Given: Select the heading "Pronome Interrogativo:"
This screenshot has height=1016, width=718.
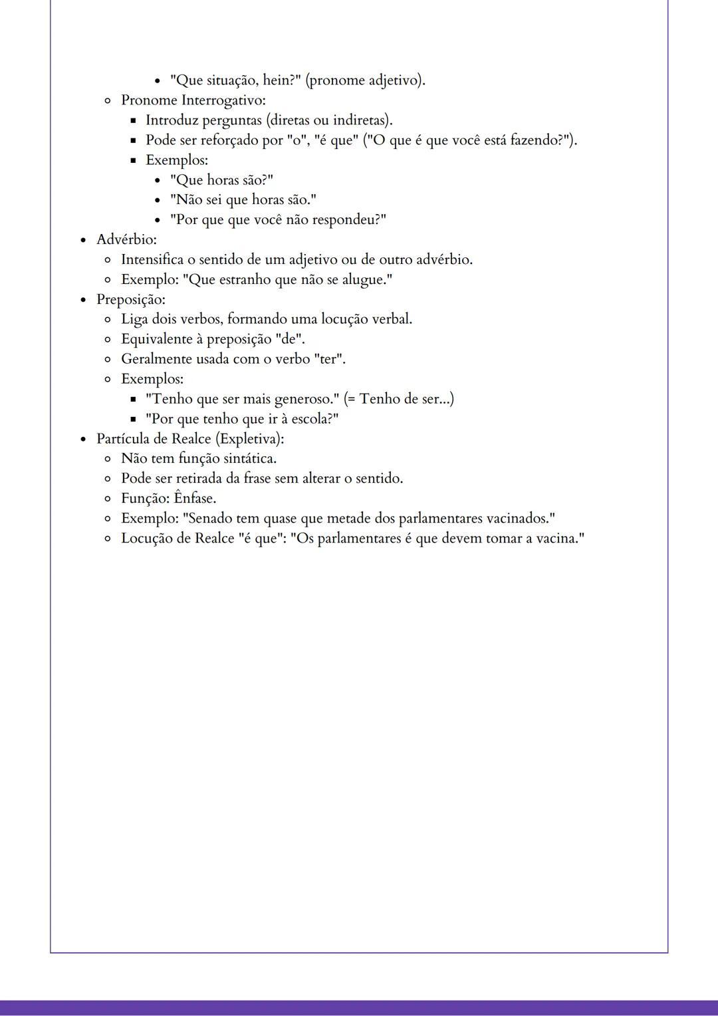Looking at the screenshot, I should pos(193,100).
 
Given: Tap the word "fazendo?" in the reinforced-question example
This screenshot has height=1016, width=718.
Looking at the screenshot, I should pos(539,140).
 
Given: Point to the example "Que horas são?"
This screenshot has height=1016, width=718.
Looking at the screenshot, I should pos(221,180).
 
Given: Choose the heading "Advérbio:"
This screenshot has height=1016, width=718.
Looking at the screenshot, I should pos(126,239).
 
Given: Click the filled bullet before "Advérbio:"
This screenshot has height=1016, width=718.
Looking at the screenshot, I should pos(83,240).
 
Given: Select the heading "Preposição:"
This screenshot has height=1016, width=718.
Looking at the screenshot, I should pos(131,299).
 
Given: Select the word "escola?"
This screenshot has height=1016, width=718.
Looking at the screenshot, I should pos(314,419).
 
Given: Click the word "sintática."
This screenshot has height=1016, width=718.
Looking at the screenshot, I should pos(248,459).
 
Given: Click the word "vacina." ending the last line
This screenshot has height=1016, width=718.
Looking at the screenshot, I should pos(560,539).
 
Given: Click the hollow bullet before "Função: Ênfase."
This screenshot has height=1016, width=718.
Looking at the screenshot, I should pos(108,499).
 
